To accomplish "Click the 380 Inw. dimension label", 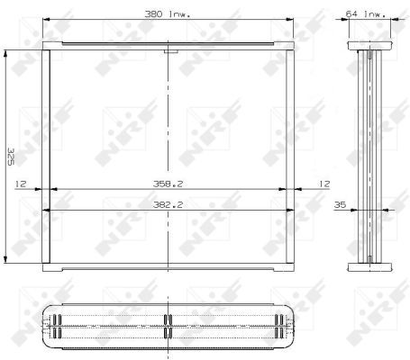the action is [168, 14].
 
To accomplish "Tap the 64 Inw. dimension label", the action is [365, 14].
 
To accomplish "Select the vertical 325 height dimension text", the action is [11, 156].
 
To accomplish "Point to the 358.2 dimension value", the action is [168, 184].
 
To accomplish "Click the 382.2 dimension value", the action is [168, 205].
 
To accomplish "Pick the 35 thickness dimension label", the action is [340, 205].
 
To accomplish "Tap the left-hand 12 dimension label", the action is [21, 184].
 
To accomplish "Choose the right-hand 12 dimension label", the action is [323, 184].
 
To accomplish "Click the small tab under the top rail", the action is [171, 51].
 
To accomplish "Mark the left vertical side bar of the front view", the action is [46, 157].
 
